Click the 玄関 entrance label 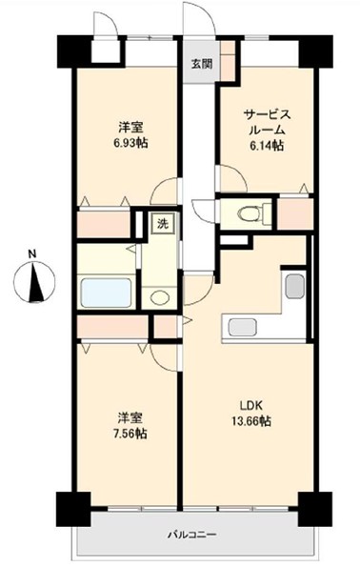(x=201, y=65)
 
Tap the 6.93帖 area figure (x=130, y=143)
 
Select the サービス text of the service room (x=267, y=115)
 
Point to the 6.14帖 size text (x=267, y=146)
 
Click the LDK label (x=251, y=405)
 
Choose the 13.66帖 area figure (x=251, y=421)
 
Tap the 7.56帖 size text (x=130, y=434)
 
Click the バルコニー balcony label (x=192, y=535)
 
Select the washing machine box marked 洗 (x=163, y=224)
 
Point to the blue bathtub (x=106, y=293)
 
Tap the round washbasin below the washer (x=160, y=297)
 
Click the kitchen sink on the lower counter (x=243, y=327)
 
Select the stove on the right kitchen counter (x=295, y=286)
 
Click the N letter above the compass (x=33, y=253)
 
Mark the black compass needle (x=35, y=283)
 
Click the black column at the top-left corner (x=73, y=51)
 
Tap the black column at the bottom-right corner (x=315, y=509)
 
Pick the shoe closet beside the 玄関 (x=228, y=61)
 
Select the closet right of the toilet (x=295, y=213)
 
